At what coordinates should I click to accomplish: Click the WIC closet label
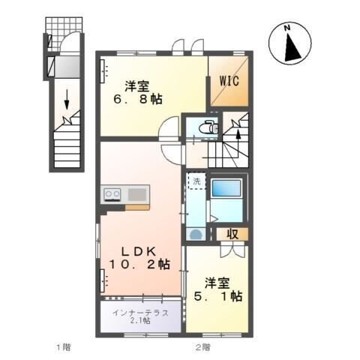(x=229, y=81)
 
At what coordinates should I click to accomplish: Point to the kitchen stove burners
(x=112, y=195)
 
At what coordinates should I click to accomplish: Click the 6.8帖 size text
(x=136, y=98)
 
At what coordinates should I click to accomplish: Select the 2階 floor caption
(x=202, y=347)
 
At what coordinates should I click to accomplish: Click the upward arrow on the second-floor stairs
(x=238, y=136)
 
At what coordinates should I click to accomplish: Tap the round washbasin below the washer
(x=196, y=234)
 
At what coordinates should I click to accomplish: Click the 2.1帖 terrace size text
(x=140, y=321)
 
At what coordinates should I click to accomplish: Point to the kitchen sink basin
(x=136, y=195)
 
